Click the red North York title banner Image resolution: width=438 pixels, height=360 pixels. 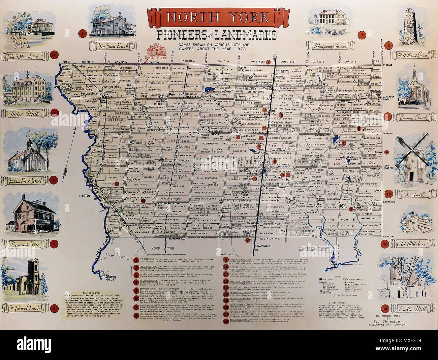point(218,18)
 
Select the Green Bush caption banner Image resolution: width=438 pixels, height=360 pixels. point(113,46)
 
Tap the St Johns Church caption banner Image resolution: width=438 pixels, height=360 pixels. point(25,307)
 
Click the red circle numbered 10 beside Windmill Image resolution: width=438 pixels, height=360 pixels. point(388,194)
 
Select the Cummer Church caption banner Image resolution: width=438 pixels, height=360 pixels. point(413,117)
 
